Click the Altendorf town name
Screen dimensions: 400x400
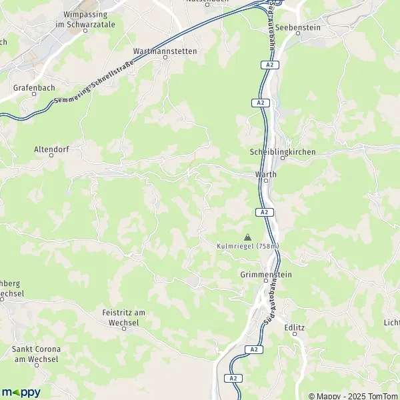[52, 151]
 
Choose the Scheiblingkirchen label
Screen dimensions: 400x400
[282, 152]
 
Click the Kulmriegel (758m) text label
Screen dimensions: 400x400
[248, 246]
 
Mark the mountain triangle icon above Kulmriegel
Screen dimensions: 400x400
[248, 237]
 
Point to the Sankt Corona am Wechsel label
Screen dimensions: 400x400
[37, 354]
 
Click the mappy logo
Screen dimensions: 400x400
[21, 392]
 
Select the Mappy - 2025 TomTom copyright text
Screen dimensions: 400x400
[353, 395]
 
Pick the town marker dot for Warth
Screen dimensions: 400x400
[265, 181]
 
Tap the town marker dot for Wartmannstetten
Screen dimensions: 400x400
[165, 58]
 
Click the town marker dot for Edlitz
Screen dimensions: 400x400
[294, 334]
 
